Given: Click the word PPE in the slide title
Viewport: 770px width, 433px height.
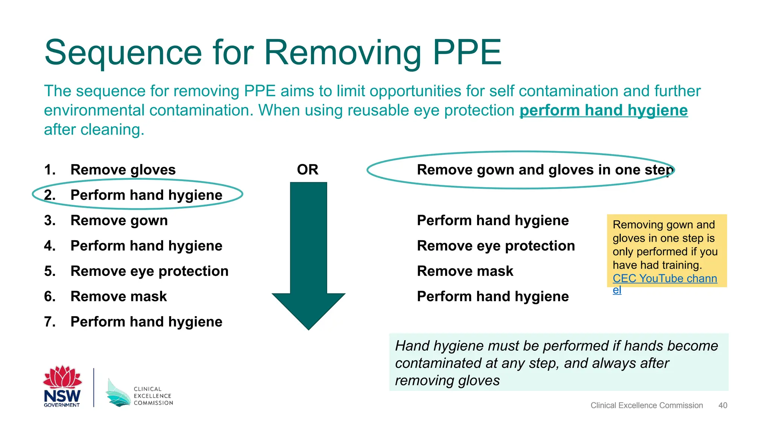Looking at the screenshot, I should [467, 52].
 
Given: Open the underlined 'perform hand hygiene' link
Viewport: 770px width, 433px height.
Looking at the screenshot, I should [603, 111].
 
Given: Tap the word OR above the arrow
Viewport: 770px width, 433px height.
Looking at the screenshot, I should [308, 170].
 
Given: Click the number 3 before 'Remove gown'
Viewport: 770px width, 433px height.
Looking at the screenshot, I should [49, 220].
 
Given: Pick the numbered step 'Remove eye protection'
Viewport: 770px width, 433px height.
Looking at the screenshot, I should [149, 271].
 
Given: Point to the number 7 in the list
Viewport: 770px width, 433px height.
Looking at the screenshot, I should [49, 322].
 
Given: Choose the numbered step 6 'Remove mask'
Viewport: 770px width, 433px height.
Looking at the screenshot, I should [118, 296].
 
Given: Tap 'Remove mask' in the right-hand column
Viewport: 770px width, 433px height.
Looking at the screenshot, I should [465, 271].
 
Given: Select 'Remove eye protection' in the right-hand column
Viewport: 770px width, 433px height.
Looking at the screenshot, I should [496, 246].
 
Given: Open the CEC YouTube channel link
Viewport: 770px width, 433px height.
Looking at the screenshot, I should [664, 279].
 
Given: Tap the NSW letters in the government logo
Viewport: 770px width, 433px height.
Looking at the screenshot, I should [62, 395].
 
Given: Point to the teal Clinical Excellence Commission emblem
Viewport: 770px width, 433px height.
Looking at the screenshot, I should [118, 394].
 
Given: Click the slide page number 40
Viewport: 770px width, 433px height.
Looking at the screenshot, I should [723, 405].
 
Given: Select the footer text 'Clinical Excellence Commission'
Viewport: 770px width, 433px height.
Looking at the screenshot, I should [646, 405].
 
